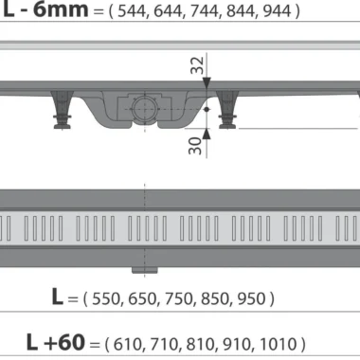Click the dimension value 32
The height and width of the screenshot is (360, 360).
[197, 65]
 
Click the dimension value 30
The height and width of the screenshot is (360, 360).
[195, 146]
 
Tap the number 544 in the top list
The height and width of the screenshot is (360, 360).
[132, 11]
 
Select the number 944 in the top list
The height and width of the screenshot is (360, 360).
[277, 11]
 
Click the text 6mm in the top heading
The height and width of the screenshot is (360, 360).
[61, 9]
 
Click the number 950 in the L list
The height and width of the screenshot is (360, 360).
[251, 298]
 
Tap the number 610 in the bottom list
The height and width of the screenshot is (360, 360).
[127, 344]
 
